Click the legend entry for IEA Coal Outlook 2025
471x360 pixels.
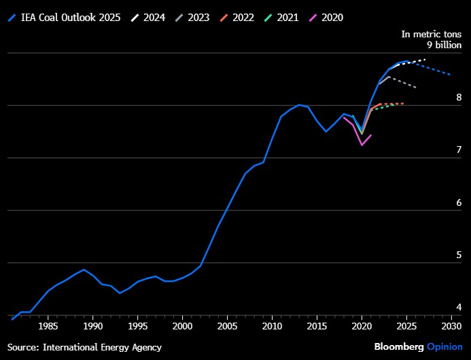pos(64,18)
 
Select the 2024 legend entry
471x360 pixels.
pos(147,18)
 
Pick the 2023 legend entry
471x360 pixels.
pos(192,18)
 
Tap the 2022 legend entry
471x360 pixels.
pos(237,18)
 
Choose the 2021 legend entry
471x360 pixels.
pos(281,18)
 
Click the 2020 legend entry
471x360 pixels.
pos(326,18)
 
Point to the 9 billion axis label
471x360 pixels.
pos(444,45)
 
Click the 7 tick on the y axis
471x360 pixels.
pos(459,149)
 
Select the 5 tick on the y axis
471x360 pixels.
pos(459,255)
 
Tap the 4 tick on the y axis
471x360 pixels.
pos(459,307)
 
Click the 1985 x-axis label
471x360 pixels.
pos(48,326)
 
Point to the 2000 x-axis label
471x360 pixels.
pos(182,326)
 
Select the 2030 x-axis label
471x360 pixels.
pos(451,326)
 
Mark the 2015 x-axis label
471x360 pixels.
pos(317,326)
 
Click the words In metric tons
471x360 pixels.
pos(432,34)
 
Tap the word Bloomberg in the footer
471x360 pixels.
pos(399,347)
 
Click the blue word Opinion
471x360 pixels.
pos(445,347)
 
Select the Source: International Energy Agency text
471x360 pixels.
pos(84,347)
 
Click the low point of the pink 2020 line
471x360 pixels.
pos(362,145)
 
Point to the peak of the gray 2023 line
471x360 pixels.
pos(389,77)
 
